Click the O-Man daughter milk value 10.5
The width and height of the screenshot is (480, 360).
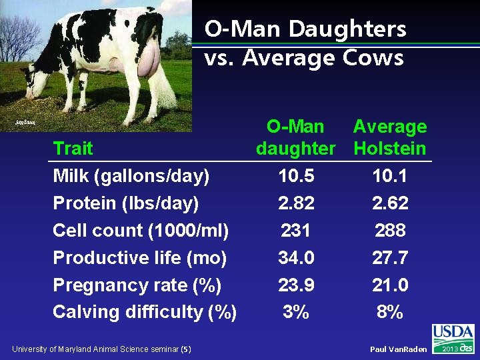pyautogui.click(x=296, y=177)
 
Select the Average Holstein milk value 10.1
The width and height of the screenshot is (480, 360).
pyautogui.click(x=390, y=177)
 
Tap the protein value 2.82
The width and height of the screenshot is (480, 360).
pyautogui.click(x=296, y=203)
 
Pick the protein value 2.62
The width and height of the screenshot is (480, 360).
pyautogui.click(x=390, y=203)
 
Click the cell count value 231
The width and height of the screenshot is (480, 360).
pyautogui.click(x=296, y=231)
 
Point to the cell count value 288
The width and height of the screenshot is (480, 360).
pyautogui.click(x=390, y=231)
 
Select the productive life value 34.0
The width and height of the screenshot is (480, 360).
pyautogui.click(x=296, y=258)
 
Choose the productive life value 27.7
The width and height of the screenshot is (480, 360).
pyautogui.click(x=390, y=258)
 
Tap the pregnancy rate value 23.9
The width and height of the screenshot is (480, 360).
pyautogui.click(x=296, y=285)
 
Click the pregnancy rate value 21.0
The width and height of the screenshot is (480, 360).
pyautogui.click(x=390, y=285)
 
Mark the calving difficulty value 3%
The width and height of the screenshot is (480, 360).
pyautogui.click(x=296, y=312)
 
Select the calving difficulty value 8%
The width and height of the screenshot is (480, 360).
pyautogui.click(x=390, y=312)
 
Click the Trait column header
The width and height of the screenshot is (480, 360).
pyautogui.click(x=73, y=148)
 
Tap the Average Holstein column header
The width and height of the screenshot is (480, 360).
pyautogui.click(x=390, y=137)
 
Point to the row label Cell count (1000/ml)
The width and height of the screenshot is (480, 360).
pyautogui.click(x=141, y=231)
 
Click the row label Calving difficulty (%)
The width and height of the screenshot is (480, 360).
pyautogui.click(x=145, y=312)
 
